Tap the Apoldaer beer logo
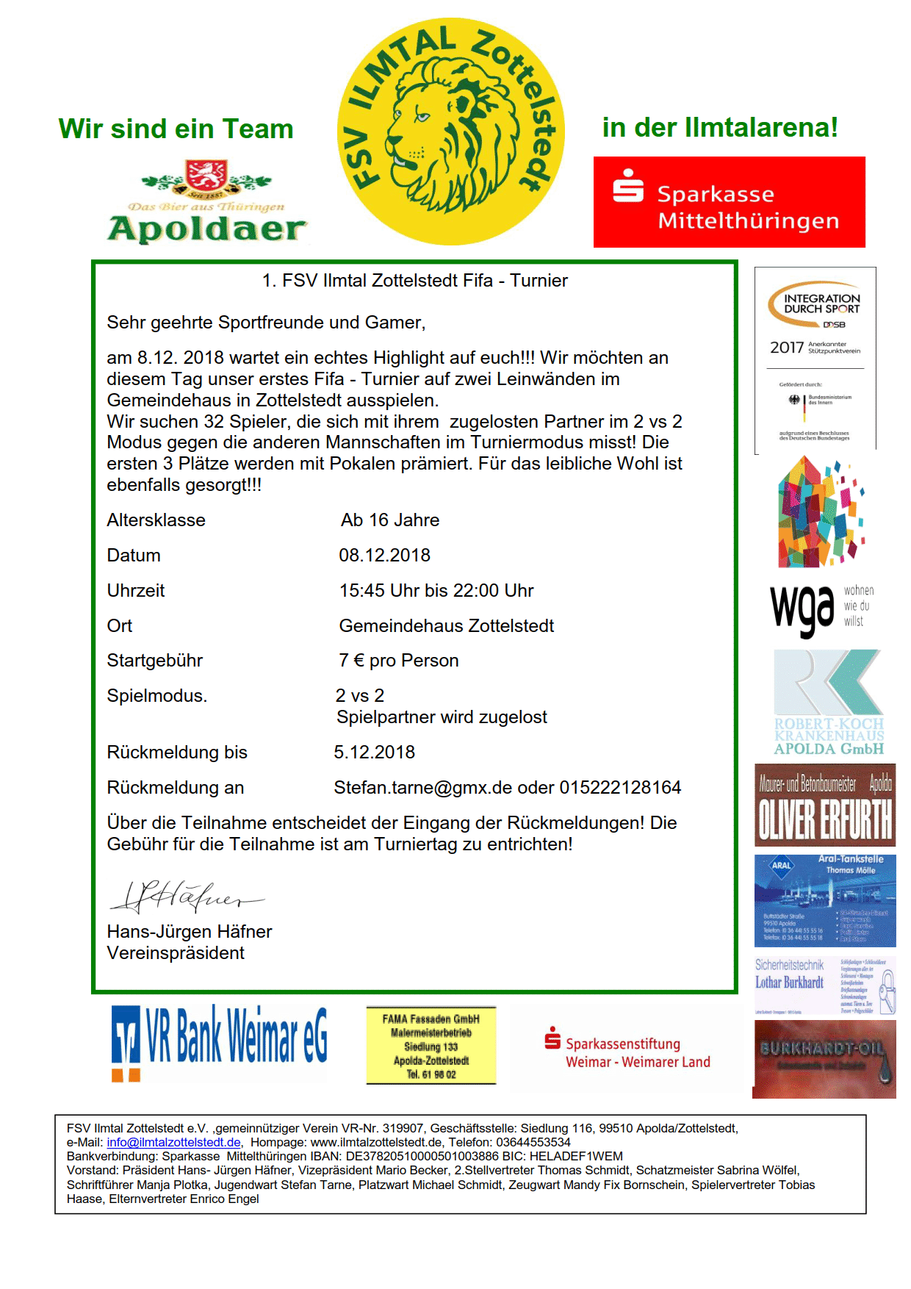[x=206, y=201]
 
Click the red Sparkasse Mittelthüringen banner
[x=729, y=202]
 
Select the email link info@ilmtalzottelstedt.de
[x=173, y=1142]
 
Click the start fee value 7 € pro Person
[x=398, y=661]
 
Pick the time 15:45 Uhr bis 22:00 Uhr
[x=436, y=591]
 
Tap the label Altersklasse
[x=156, y=520]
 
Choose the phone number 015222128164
[x=620, y=788]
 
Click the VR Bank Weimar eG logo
[x=219, y=1042]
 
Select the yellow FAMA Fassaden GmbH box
[x=431, y=1046]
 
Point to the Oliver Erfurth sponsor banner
[x=824, y=805]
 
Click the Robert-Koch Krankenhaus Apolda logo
[x=828, y=703]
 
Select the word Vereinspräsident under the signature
[x=176, y=953]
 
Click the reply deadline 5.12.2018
[x=374, y=753]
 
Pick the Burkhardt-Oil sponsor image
[x=824, y=1059]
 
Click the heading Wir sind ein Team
[x=176, y=129]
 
